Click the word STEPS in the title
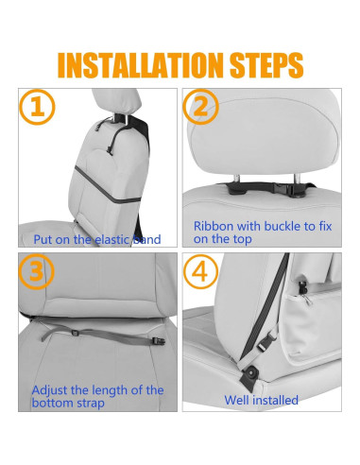[266, 65]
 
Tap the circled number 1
[37, 107]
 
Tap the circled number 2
[201, 107]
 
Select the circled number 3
[37, 271]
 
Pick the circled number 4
[200, 271]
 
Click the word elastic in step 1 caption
[112, 239]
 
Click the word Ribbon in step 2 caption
[214, 226]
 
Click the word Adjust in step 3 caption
[50, 390]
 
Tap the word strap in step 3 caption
[91, 404]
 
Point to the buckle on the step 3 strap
[159, 341]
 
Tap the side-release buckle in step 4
[266, 342]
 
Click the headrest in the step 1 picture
[116, 101]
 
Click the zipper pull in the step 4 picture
[307, 299]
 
